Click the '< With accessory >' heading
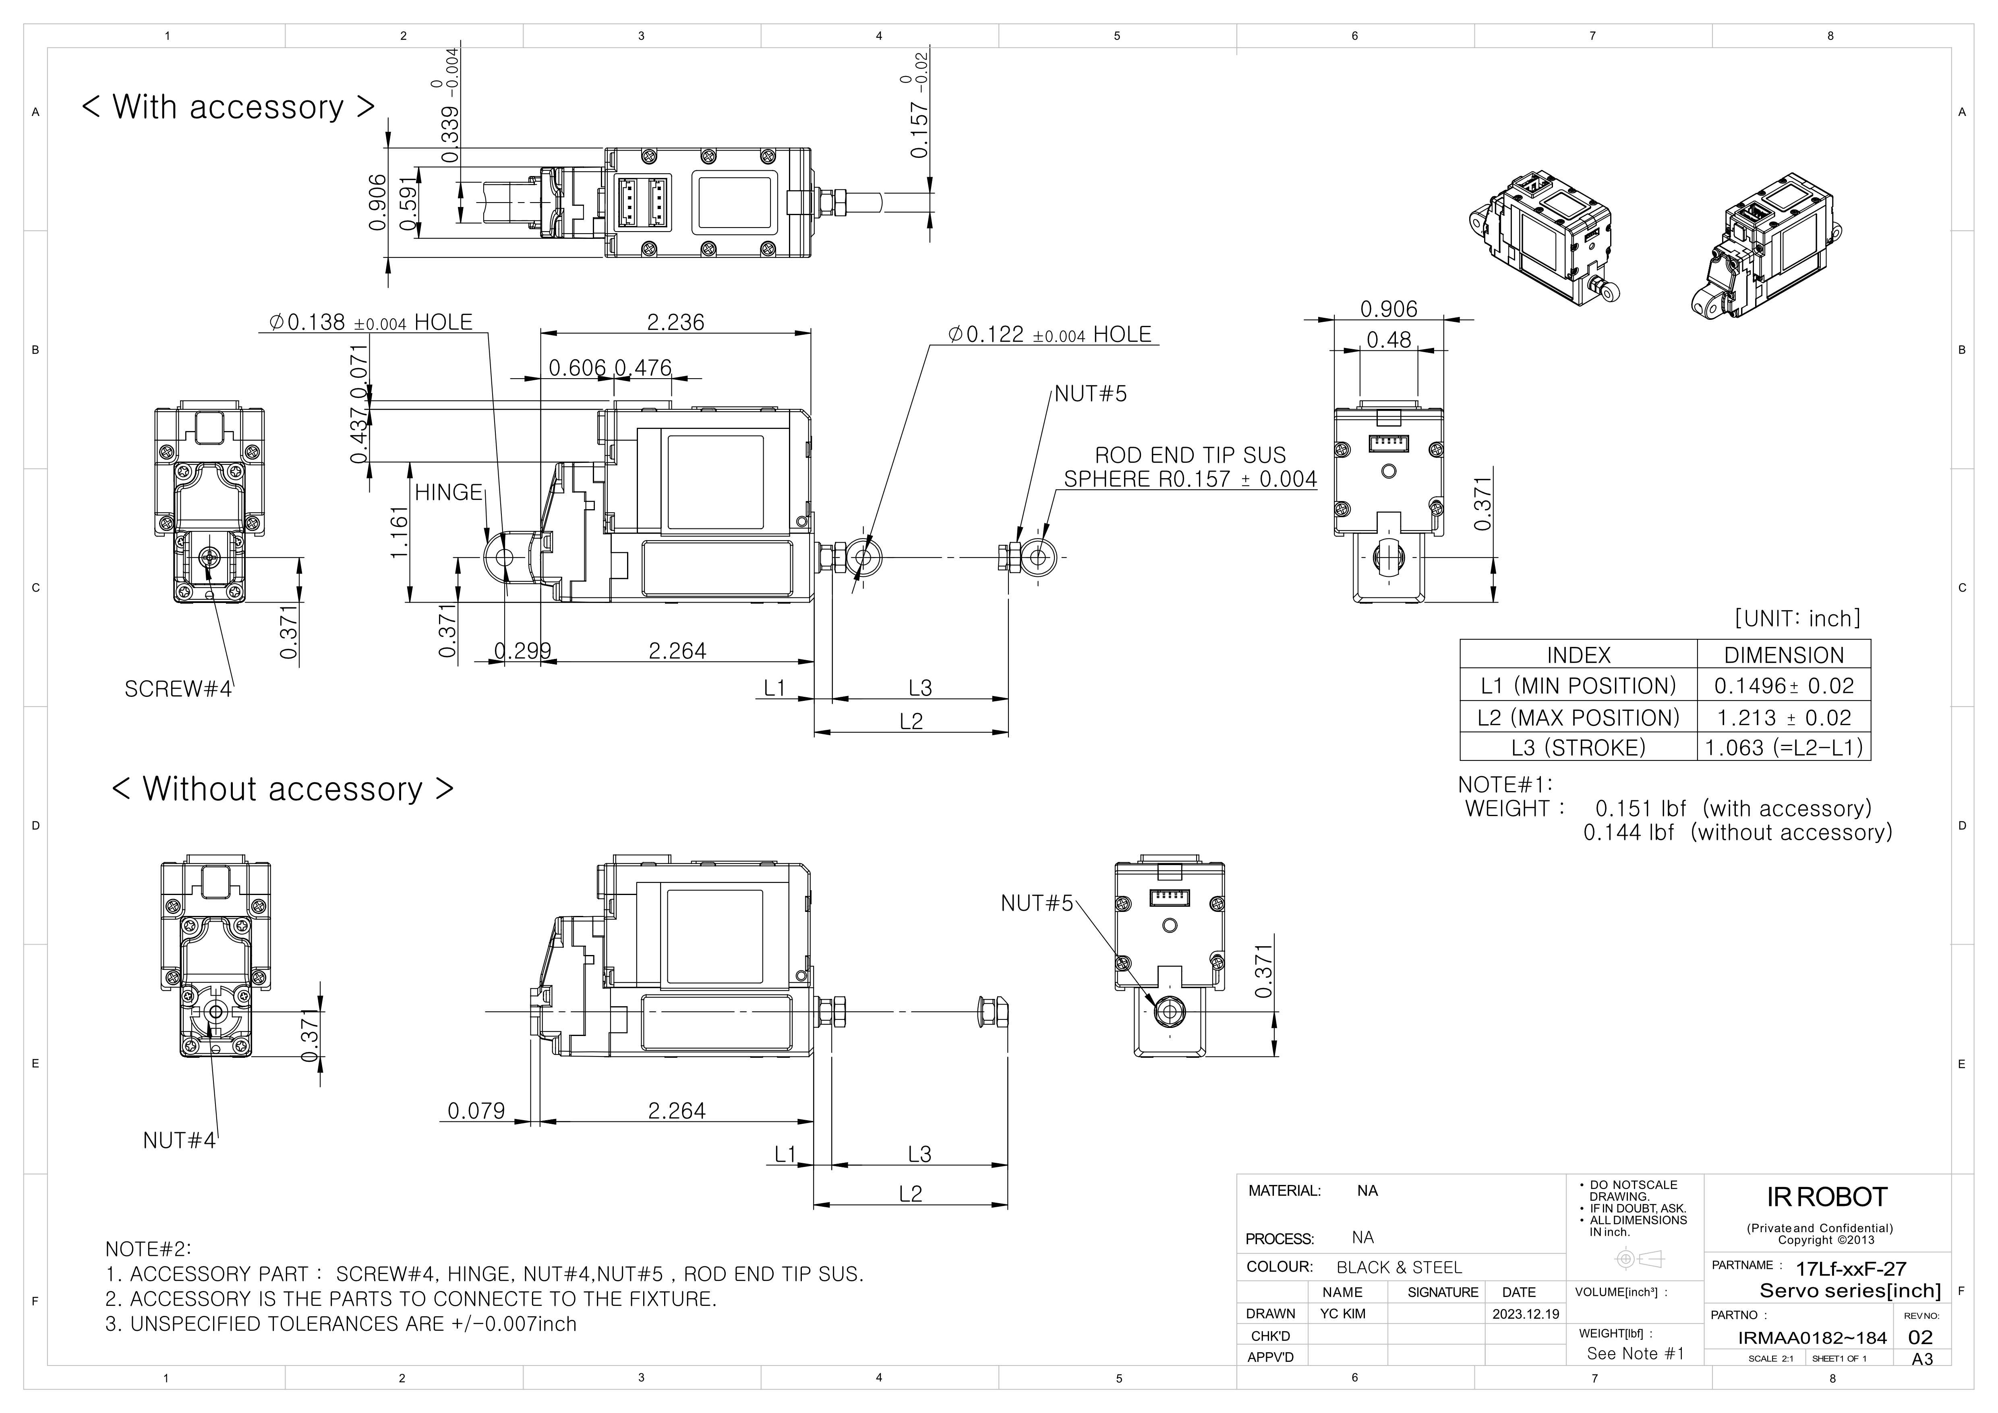point(228,107)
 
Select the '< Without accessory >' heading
point(283,789)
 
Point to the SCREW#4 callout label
point(178,689)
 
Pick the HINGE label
point(448,493)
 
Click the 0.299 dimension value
point(522,651)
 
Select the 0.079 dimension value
point(476,1111)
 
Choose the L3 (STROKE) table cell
point(1578,748)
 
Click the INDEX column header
point(1578,655)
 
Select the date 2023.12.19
point(1526,1314)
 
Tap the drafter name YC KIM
point(1343,1314)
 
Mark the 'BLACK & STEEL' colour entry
point(1399,1268)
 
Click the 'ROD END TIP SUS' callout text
point(1190,455)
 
